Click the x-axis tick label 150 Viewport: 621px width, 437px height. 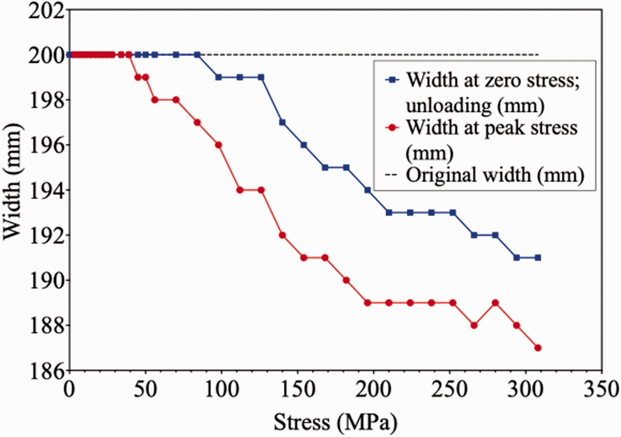coord(298,389)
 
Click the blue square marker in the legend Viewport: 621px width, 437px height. coord(392,80)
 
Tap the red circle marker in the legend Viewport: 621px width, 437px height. coord(392,128)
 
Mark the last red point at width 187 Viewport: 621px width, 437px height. coord(538,348)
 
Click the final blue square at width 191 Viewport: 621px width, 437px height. coord(538,258)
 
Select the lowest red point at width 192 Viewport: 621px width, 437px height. coord(282,235)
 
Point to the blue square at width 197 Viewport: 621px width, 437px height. coord(282,122)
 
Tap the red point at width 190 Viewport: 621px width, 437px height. coord(346,280)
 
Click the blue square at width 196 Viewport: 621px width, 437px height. coord(304,145)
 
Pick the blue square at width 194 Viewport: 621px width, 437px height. coord(367,190)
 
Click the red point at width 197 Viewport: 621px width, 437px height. coord(197,122)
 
